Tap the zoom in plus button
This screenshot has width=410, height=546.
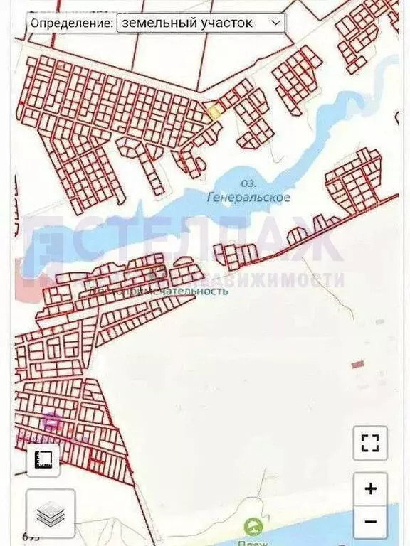click(x=370, y=489)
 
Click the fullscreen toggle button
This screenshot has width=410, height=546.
click(x=370, y=444)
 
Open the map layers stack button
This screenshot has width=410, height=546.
click(x=51, y=514)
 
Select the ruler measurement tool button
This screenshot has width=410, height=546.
click(x=43, y=459)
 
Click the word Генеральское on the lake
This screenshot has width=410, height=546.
click(x=247, y=197)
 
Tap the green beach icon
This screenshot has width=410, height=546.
click(x=251, y=527)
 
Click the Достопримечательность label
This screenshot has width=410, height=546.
click(x=159, y=290)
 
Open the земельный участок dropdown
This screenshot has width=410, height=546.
click(x=200, y=23)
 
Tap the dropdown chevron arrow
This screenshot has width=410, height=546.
click(x=275, y=23)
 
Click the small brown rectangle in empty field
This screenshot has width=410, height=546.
click(x=357, y=364)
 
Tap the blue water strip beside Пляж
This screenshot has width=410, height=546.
click(x=313, y=526)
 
